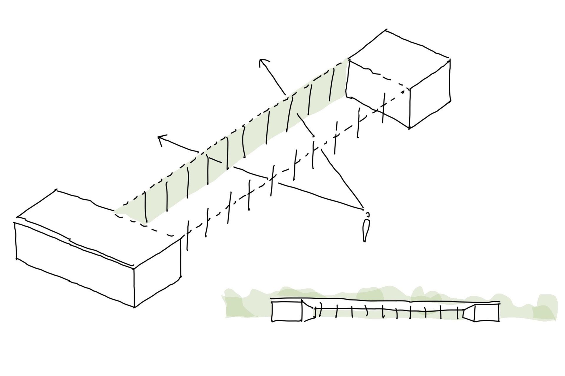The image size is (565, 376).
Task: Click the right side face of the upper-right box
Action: pos(430,94)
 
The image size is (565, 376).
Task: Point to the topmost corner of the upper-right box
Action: pos(386,30)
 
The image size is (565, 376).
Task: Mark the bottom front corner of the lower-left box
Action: pos(134,307)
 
